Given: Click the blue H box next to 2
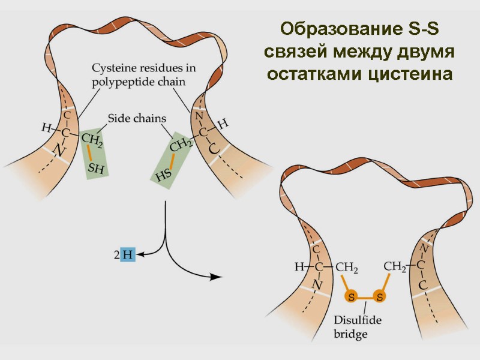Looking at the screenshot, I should pyautogui.click(x=128, y=255).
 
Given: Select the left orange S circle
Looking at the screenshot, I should pyautogui.click(x=352, y=296).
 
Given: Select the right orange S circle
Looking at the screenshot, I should pyautogui.click(x=379, y=296).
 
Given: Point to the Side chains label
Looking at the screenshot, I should pyautogui.click(x=137, y=118).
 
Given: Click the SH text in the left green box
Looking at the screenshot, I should pyautogui.click(x=96, y=170).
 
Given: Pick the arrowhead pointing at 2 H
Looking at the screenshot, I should pyautogui.click(x=140, y=256).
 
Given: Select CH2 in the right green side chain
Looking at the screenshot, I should pyautogui.click(x=181, y=145).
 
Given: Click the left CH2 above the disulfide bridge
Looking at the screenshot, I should pyautogui.click(x=347, y=267).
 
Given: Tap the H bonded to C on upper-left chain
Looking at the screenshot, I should pyautogui.click(x=46, y=127).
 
